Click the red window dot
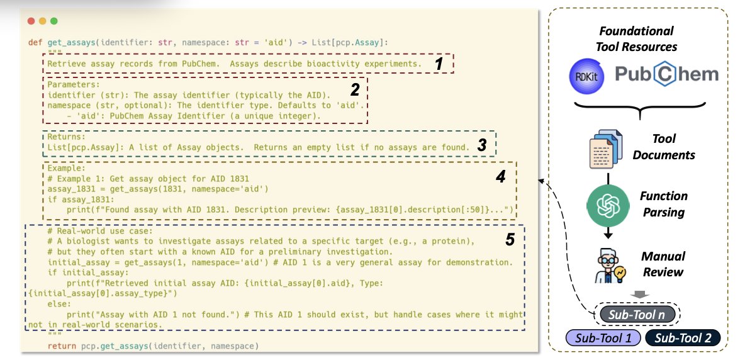[31, 21]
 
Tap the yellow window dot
[42, 21]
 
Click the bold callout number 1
[439, 63]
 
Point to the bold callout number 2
[355, 89]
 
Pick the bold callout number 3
[481, 145]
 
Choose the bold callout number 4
[501, 177]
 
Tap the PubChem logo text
[666, 74]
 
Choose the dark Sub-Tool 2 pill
[683, 338]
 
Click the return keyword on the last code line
[62, 346]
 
